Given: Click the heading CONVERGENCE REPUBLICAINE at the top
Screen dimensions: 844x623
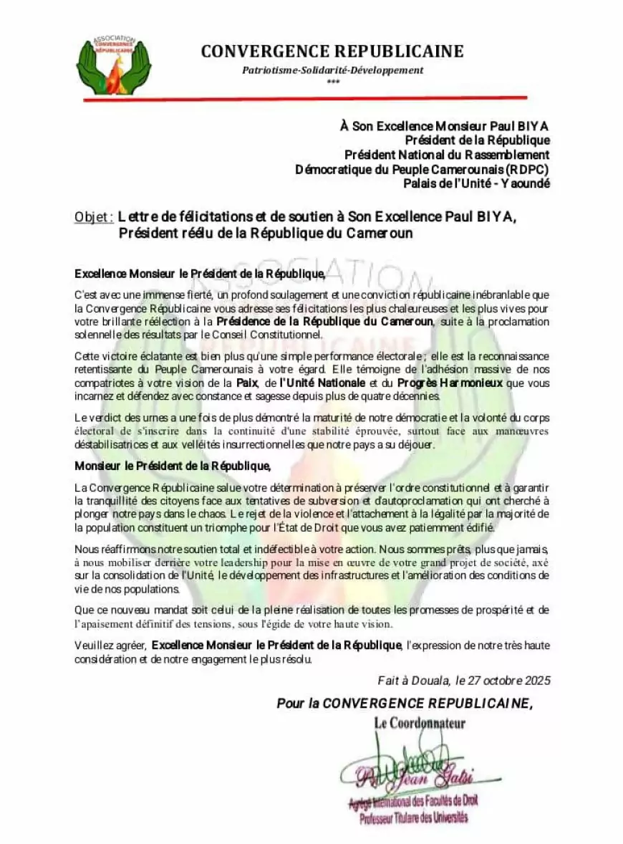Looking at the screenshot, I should coord(332,52).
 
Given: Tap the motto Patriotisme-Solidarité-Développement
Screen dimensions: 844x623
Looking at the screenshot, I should coord(332,70).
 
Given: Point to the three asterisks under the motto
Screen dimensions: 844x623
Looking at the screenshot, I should coord(332,82).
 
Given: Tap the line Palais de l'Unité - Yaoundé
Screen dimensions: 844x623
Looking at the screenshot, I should coord(476,183).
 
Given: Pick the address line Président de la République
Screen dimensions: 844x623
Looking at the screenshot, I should coord(477,140).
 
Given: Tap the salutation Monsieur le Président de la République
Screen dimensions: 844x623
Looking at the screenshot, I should coord(172,466).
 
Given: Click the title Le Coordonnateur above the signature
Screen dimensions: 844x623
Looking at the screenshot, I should coord(419,724).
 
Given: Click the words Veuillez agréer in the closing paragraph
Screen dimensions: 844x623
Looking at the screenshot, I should coord(110,646).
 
